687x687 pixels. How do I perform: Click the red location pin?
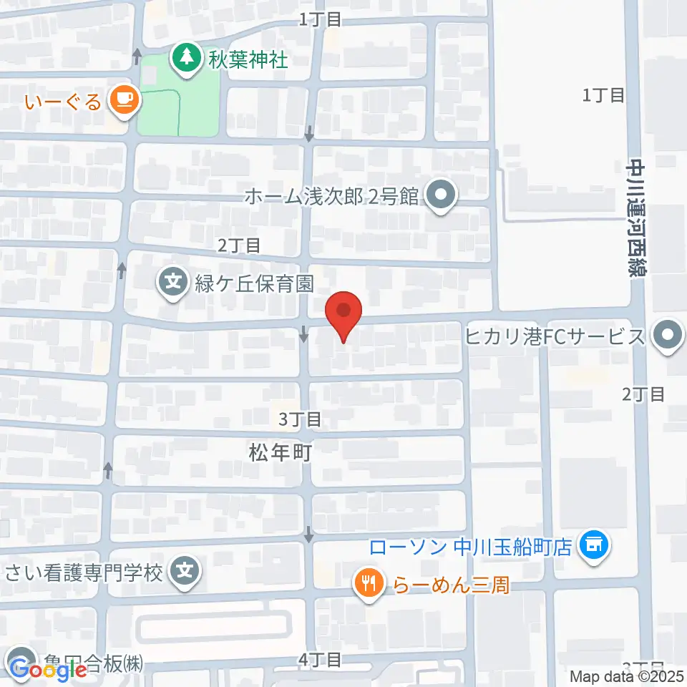[343, 316]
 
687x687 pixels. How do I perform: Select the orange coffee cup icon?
[125, 99]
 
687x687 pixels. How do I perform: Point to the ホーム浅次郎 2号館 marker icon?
[440, 195]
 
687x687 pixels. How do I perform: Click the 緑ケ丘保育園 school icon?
[173, 282]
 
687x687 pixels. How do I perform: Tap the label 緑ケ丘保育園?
[254, 283]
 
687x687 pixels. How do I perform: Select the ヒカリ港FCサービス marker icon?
[668, 335]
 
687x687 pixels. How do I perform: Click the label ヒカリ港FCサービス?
[555, 336]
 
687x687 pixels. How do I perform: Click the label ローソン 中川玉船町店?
[470, 547]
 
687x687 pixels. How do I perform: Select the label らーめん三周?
[452, 585]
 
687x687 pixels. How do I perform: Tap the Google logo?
[48, 669]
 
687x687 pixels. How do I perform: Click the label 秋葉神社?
[248, 59]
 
